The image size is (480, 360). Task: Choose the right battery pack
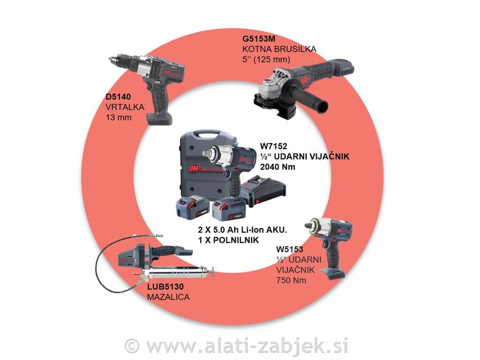228,209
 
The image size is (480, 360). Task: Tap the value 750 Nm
291,280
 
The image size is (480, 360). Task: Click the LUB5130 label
164,286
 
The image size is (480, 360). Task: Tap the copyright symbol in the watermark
133,346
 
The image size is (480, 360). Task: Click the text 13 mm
118,117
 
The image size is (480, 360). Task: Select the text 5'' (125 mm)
267,59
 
